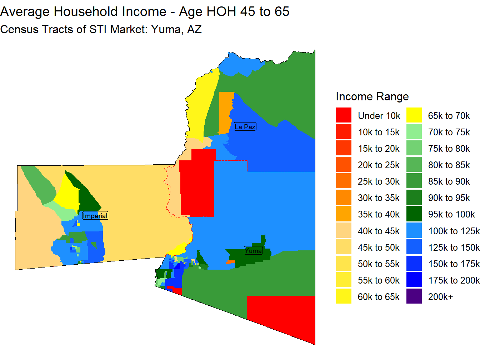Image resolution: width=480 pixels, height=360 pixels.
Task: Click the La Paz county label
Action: [245, 126]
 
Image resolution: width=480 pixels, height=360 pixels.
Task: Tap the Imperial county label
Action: [95, 216]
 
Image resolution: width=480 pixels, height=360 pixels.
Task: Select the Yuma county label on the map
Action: [253, 250]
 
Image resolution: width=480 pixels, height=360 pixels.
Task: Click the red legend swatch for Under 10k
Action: [344, 115]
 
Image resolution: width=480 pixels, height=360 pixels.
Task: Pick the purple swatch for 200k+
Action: [414, 296]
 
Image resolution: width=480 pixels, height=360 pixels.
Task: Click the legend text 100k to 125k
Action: [454, 231]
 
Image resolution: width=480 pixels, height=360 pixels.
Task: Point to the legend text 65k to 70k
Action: [449, 116]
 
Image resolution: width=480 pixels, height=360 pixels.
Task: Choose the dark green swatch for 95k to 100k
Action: [414, 214]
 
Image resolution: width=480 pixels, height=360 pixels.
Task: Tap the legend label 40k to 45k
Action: [379, 231]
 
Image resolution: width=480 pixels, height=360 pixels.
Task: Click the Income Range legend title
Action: [372, 97]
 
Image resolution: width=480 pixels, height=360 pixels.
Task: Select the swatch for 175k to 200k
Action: [414, 280]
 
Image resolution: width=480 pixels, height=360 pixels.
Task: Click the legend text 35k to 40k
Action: [379, 214]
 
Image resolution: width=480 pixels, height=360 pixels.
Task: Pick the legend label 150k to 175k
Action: [454, 264]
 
